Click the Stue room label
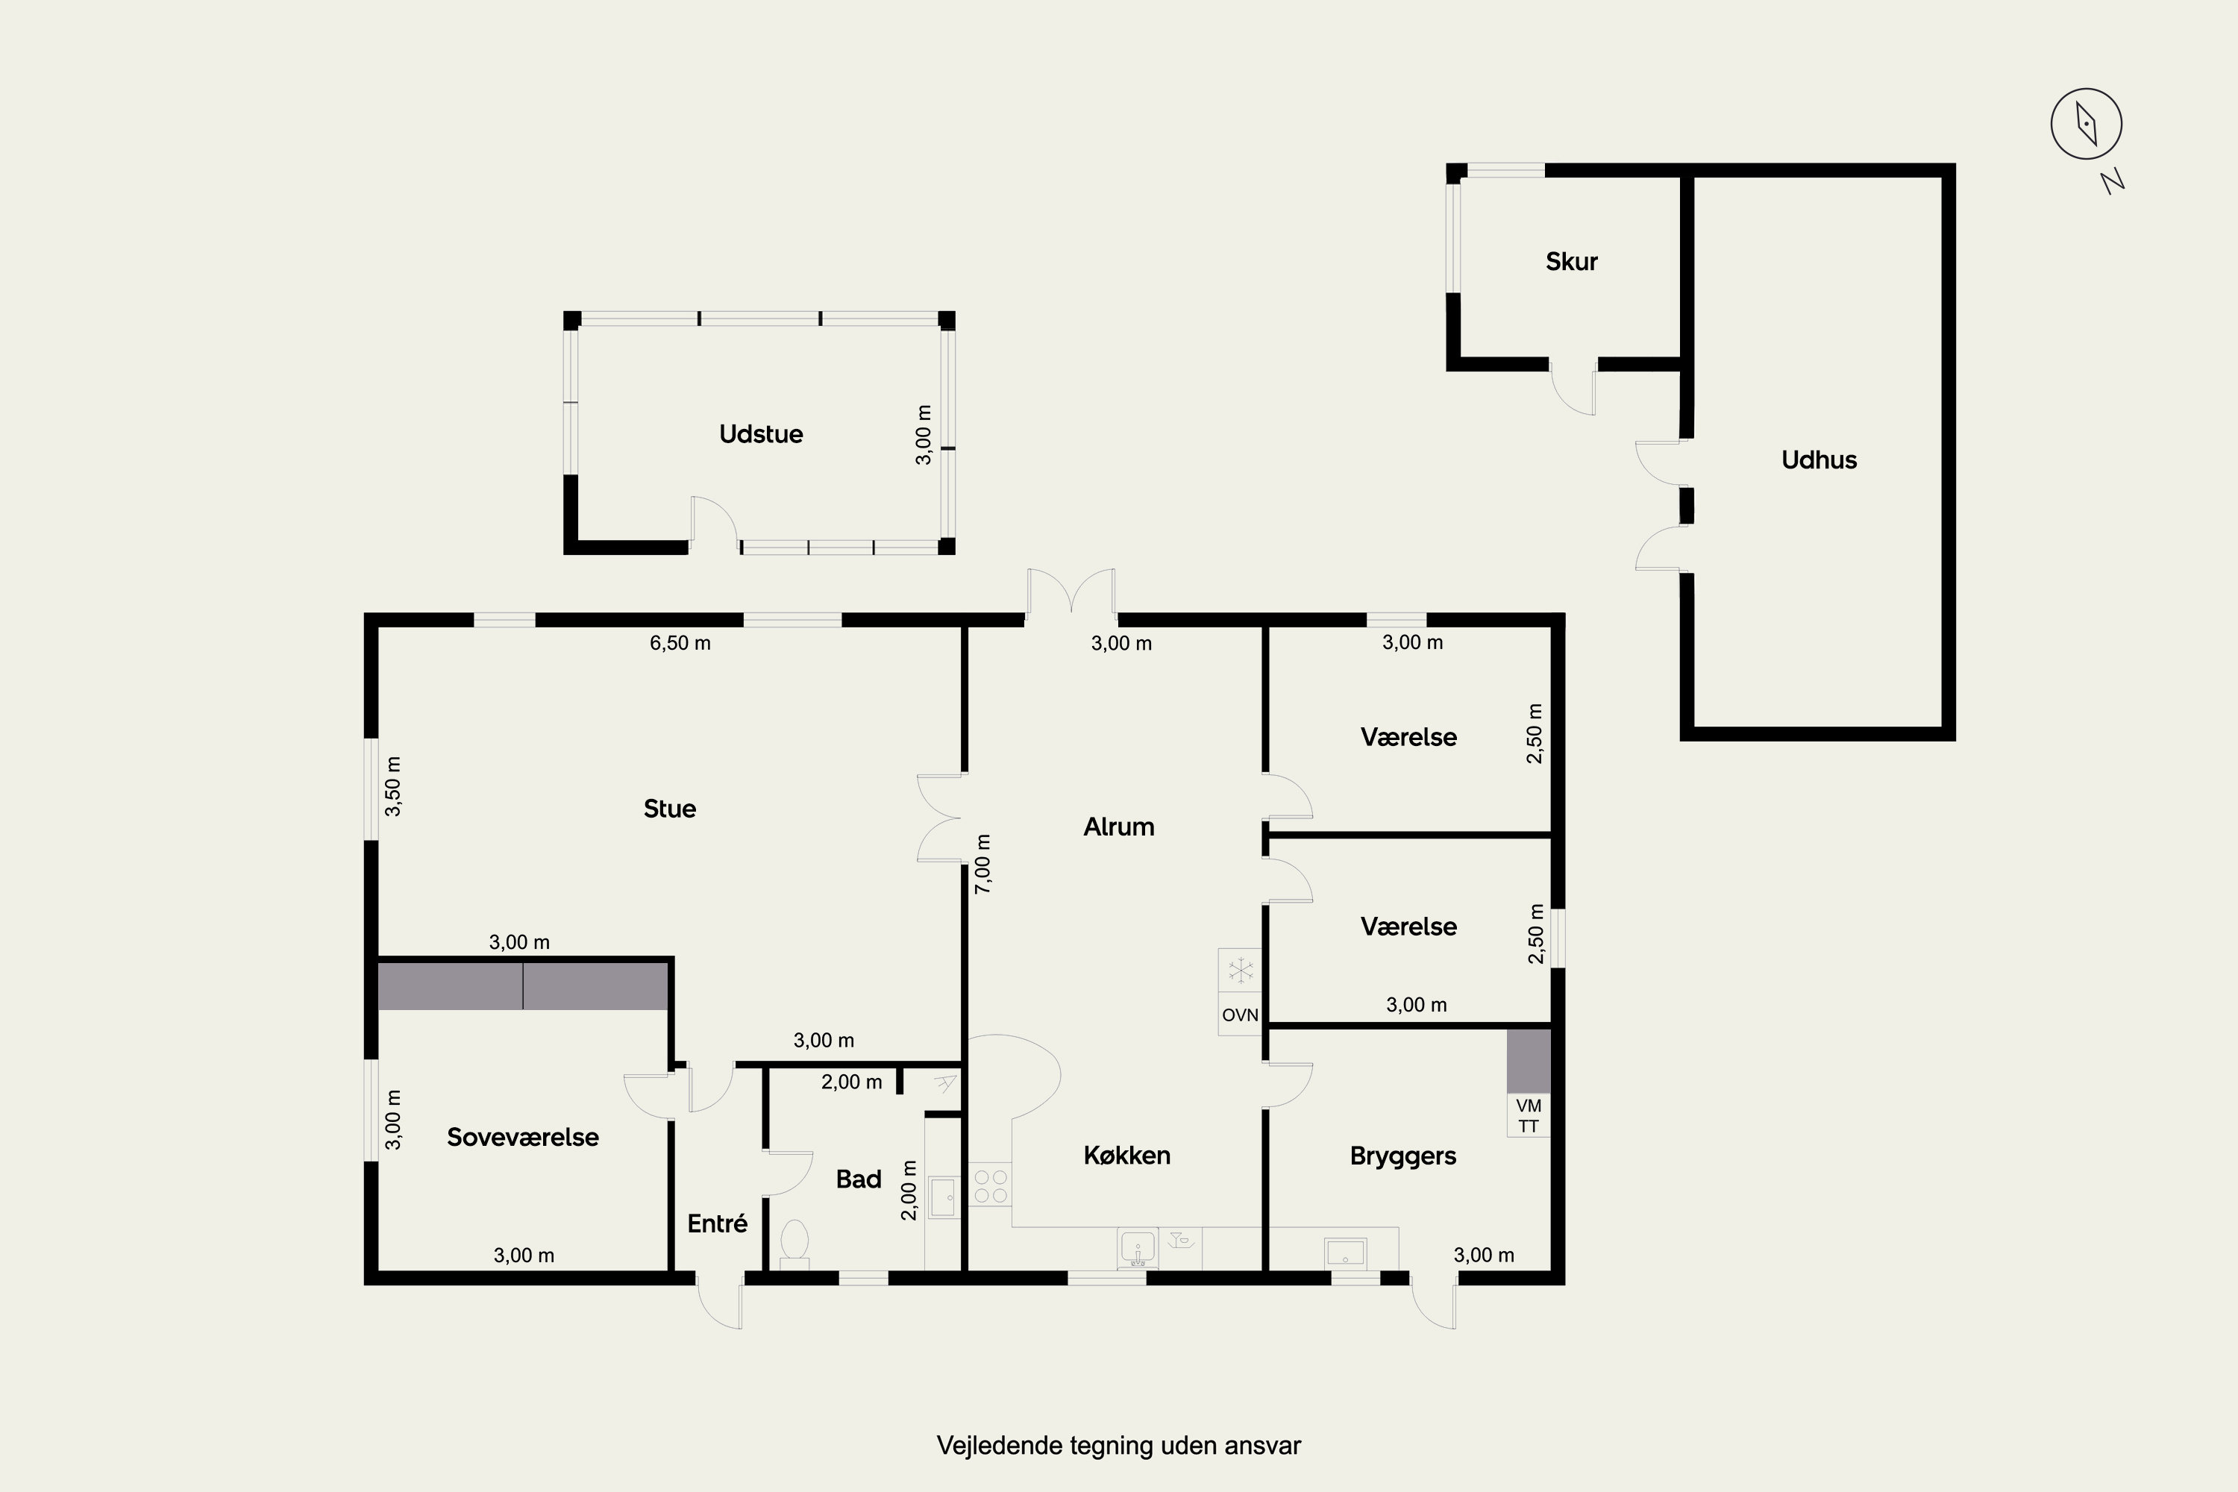pyautogui.click(x=670, y=809)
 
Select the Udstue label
pyautogui.click(x=761, y=434)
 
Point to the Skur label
pyautogui.click(x=1571, y=262)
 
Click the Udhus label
pyautogui.click(x=1819, y=460)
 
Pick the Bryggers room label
pyautogui.click(x=1402, y=1156)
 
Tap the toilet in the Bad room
pyautogui.click(x=794, y=1244)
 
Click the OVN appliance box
pyautogui.click(x=1240, y=1015)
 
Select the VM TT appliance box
pyautogui.click(x=1528, y=1115)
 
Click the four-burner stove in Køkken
pyautogui.click(x=991, y=1185)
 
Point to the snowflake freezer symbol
pyautogui.click(x=1240, y=971)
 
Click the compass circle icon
pyautogui.click(x=2086, y=124)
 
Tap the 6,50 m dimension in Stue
pyautogui.click(x=680, y=643)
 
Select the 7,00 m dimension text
pyautogui.click(x=984, y=864)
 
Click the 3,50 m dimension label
pyautogui.click(x=393, y=787)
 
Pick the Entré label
pyautogui.click(x=718, y=1223)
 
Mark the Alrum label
pyautogui.click(x=1119, y=827)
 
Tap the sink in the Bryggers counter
pyautogui.click(x=1346, y=1253)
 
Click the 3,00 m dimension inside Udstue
pyautogui.click(x=923, y=435)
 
